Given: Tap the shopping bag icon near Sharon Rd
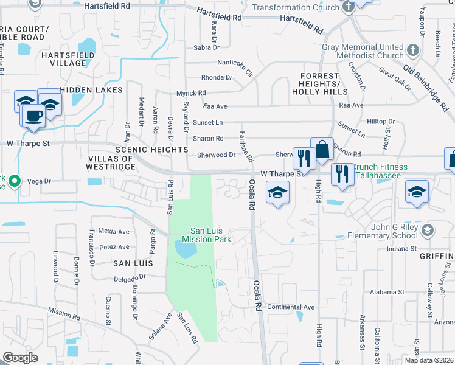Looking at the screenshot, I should coord(322,150).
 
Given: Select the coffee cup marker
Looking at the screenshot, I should coord(33,116).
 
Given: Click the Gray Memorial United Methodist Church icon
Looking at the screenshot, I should coord(413,49).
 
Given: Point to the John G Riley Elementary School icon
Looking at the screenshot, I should coord(428,229).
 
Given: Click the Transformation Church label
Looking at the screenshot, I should coord(296,7).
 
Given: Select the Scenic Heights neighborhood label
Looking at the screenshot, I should coord(151,149).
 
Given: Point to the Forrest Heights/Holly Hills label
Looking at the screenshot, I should coord(319,84).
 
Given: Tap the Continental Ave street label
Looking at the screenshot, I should coord(290,307).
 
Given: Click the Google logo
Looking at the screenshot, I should coord(20,358).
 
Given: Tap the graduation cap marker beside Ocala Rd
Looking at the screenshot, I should coord(277,193).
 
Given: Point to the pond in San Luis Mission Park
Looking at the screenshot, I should coord(186,248).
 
